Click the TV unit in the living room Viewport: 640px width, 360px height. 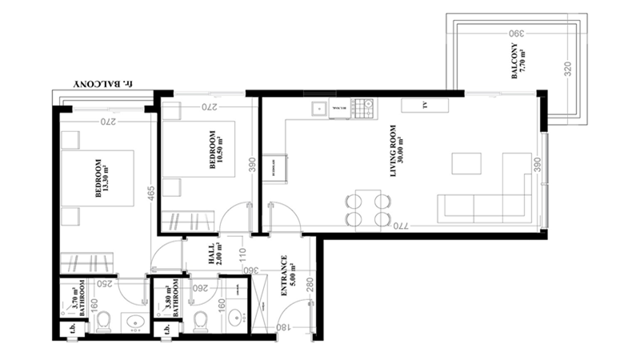[425, 106]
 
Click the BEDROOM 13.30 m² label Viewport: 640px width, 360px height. [102, 179]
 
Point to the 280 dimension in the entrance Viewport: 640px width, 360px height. [308, 285]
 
